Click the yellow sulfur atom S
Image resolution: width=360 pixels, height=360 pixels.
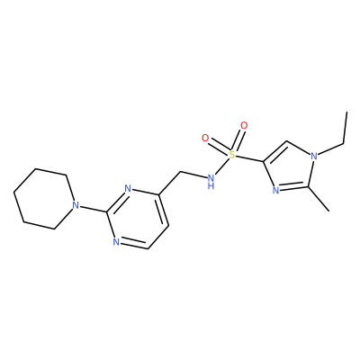point(231,155)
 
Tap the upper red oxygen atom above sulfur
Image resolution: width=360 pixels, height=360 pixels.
point(244,125)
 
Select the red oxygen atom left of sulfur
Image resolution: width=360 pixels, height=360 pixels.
point(205,139)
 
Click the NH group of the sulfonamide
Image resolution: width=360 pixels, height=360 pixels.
point(211,182)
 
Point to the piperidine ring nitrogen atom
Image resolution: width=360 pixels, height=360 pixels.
point(76,205)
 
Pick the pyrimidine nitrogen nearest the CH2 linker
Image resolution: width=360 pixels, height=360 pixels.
point(128,189)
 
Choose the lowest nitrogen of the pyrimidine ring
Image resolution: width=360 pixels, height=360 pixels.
point(117,242)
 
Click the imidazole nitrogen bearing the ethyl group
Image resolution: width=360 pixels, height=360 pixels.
point(314,156)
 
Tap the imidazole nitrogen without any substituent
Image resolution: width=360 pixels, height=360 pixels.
point(276,191)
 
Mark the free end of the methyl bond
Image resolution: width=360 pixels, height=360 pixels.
point(329,211)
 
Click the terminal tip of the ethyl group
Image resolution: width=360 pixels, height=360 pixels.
point(347,112)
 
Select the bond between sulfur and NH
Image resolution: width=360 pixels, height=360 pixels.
point(222,167)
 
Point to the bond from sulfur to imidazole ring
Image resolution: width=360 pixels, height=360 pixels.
point(249,158)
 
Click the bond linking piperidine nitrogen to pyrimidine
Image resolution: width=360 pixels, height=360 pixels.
point(93,209)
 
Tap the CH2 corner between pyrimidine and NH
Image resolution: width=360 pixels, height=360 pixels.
point(180,172)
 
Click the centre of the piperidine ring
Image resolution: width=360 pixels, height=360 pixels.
point(44,199)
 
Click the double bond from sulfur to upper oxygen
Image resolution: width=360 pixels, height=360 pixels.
point(238,140)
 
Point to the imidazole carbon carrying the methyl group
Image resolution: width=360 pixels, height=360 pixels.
point(307,187)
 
